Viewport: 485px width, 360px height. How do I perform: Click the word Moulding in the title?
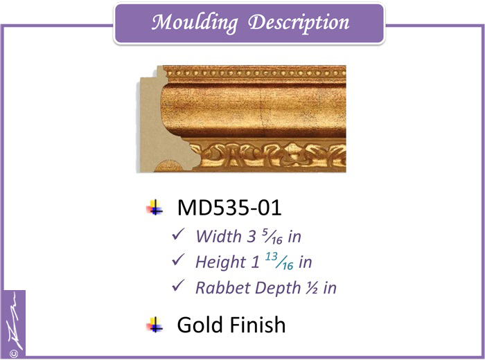point(195,23)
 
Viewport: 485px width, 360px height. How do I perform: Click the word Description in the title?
point(299,23)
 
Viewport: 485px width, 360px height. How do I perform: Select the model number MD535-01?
point(229,208)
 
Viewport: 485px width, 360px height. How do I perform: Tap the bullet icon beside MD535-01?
point(155,208)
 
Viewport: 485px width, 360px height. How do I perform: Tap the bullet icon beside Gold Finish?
point(155,325)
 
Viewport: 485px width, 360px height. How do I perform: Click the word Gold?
point(201,325)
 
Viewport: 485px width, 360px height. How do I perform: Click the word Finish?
point(258,325)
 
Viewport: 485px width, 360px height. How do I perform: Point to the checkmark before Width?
point(179,234)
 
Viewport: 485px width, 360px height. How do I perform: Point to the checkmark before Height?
point(179,260)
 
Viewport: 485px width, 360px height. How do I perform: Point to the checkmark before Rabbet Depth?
point(179,285)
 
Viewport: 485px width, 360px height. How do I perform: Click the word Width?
point(218,236)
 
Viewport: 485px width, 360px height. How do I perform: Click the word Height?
point(220,262)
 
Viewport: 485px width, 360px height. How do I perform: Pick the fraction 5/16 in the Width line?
point(272,236)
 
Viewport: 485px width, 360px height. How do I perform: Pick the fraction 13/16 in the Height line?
point(279,261)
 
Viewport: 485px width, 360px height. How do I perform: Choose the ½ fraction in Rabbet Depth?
point(312,288)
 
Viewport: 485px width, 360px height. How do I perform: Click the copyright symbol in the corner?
point(14,353)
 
